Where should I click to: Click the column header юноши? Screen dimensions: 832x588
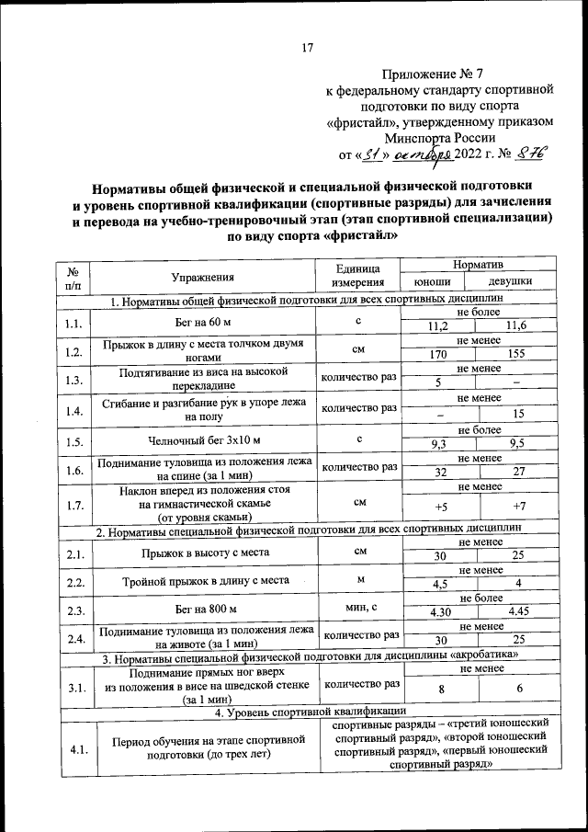pos(433,283)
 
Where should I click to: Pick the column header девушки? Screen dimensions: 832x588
pos(509,283)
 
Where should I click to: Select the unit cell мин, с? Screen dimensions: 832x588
pos(357,608)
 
